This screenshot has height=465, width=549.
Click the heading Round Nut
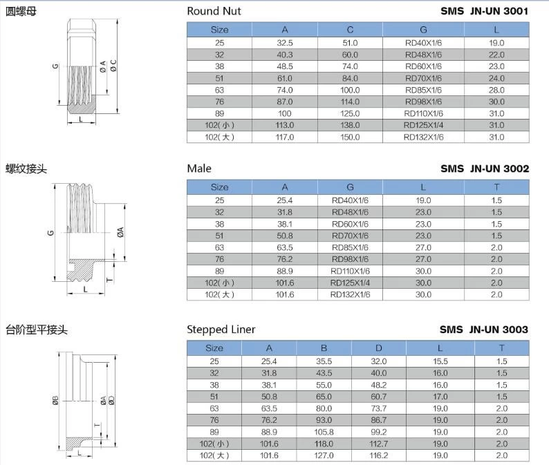coord(214,11)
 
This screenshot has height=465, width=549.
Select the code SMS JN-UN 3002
coord(484,169)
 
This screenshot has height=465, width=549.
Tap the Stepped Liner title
coord(221,329)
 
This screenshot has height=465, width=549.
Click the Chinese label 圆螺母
coord(21,11)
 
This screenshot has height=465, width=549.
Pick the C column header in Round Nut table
coord(350,30)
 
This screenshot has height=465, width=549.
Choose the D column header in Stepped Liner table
coord(378,348)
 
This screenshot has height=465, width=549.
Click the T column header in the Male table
coord(496,187)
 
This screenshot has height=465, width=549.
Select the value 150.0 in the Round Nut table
coord(350,137)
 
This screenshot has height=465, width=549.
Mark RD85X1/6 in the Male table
coord(351,247)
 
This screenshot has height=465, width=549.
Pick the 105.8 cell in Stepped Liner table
coord(324,431)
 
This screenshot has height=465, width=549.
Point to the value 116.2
coord(378,455)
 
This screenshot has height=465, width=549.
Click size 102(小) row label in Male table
coord(219,283)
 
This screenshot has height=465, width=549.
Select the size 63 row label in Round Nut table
coord(219,90)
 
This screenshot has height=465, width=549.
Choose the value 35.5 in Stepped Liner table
coord(324,361)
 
